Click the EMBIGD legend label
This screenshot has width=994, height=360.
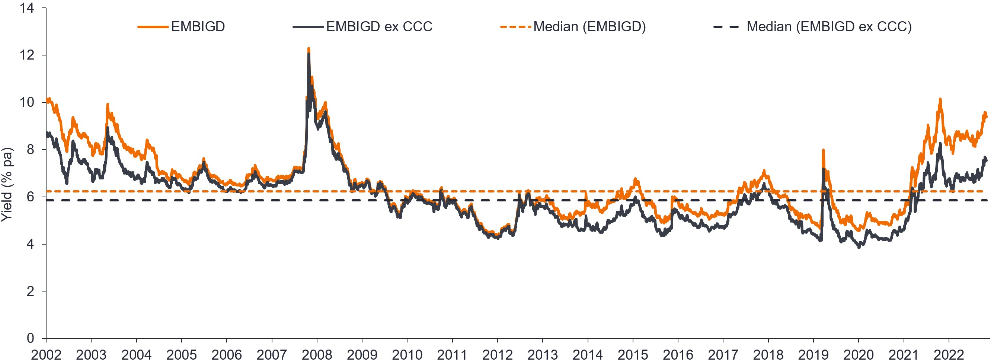pos(198,27)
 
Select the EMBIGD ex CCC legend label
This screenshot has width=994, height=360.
pos(379,27)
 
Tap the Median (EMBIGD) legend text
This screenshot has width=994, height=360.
pos(589,27)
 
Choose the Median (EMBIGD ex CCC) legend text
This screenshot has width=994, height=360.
pos(829,27)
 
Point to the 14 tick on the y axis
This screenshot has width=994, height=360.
pos(27,8)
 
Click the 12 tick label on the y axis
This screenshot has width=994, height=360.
pos(27,55)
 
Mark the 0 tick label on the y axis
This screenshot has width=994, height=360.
pos(31,338)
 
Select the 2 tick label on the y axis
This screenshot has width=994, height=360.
pos(31,291)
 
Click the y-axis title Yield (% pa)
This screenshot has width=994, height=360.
pos(7,184)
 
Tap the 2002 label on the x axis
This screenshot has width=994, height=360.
pos(46,354)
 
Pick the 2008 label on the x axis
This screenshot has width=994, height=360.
pos(317,354)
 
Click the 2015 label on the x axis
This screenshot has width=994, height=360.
pos(633,354)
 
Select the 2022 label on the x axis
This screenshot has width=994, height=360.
pos(949,354)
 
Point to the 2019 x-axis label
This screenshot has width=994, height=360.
pos(814,354)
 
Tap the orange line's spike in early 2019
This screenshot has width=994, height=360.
pos(823,150)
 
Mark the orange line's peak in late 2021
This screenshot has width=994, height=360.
pos(940,99)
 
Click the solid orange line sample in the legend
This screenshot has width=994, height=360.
pos(153,27)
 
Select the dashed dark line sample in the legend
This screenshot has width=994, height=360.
pos(726,27)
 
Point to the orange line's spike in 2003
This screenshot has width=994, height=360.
pos(108,104)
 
